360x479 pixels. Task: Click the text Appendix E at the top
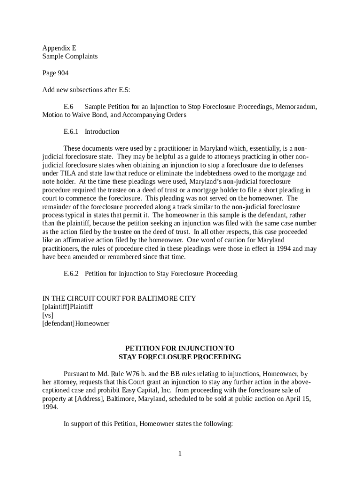(x=59, y=48)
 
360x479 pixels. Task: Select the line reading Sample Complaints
(x=70, y=56)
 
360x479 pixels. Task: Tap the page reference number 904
(x=63, y=73)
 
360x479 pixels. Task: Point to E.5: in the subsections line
(x=123, y=90)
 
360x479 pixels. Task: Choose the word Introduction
(x=102, y=131)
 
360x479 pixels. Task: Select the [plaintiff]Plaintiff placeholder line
(x=67, y=306)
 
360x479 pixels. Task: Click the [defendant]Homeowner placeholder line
(x=76, y=323)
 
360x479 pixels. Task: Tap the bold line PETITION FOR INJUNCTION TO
(x=180, y=348)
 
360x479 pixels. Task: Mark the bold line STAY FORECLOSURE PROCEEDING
(x=180, y=357)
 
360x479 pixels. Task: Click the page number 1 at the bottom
(x=180, y=454)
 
